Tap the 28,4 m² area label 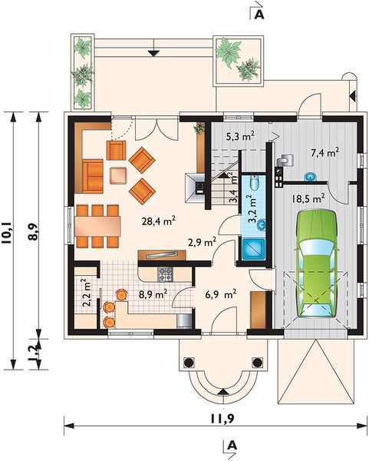pos(160,223)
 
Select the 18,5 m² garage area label pos(308,197)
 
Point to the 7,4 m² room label pos(325,153)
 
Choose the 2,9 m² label pos(202,241)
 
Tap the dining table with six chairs pos(97,226)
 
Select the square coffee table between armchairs pos(119,176)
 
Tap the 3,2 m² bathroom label pos(250,207)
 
